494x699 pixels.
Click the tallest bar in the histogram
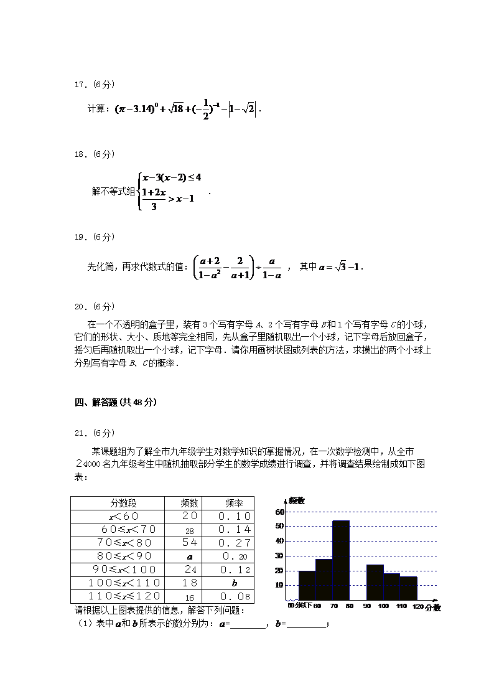coord(340,560)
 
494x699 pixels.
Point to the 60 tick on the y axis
coord(280,512)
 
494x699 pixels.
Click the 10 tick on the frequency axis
coord(280,585)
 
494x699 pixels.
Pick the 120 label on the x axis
coord(417,606)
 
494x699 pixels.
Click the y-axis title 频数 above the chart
coord(296,500)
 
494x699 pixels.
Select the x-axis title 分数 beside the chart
coord(433,608)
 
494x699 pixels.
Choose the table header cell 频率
coord(234,503)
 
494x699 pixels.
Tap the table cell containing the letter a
coord(190,556)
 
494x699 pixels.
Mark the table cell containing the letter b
coord(234,583)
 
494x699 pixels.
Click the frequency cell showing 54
coord(190,543)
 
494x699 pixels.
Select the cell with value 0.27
coord(234,543)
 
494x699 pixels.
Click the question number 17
coord(80,84)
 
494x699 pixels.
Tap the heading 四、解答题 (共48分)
coord(115,402)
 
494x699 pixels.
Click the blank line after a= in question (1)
coord(248,624)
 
